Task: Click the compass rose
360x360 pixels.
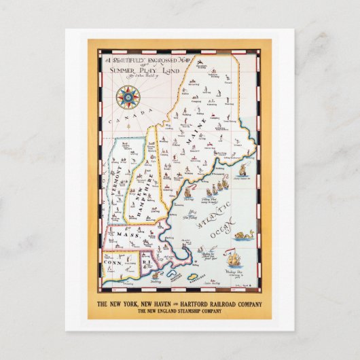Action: [126, 97]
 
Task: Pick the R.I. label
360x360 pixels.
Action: [148, 259]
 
